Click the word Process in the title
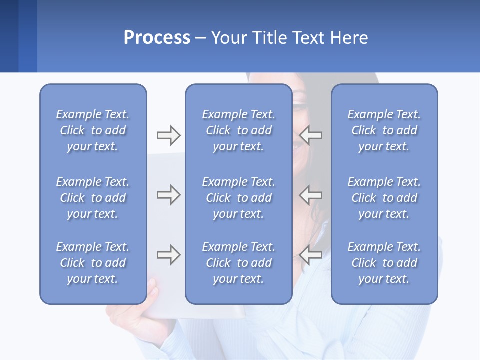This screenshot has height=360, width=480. tap(157, 38)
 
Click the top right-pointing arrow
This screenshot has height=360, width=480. tap(168, 135)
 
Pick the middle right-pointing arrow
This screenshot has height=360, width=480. tap(168, 195)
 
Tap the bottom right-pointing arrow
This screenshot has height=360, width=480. tap(168, 255)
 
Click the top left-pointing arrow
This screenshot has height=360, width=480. tap(311, 135)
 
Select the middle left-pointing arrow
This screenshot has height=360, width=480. tap(311, 195)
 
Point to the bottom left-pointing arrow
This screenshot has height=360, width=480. tap(311, 255)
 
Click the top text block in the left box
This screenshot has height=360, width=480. tap(93, 130)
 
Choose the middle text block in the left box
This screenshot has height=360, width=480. tap(93, 198)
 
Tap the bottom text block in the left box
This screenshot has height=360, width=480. tap(93, 263)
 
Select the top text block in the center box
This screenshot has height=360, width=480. tap(238, 130)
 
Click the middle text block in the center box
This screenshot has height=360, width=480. tap(238, 198)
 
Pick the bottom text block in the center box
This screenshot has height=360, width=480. tap(238, 263)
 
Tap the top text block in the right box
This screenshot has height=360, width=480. tap(384, 130)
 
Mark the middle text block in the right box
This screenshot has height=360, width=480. tap(384, 198)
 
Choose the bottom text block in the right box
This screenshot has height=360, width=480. tap(384, 263)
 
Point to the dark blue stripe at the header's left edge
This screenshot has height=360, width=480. tap(9, 36)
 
